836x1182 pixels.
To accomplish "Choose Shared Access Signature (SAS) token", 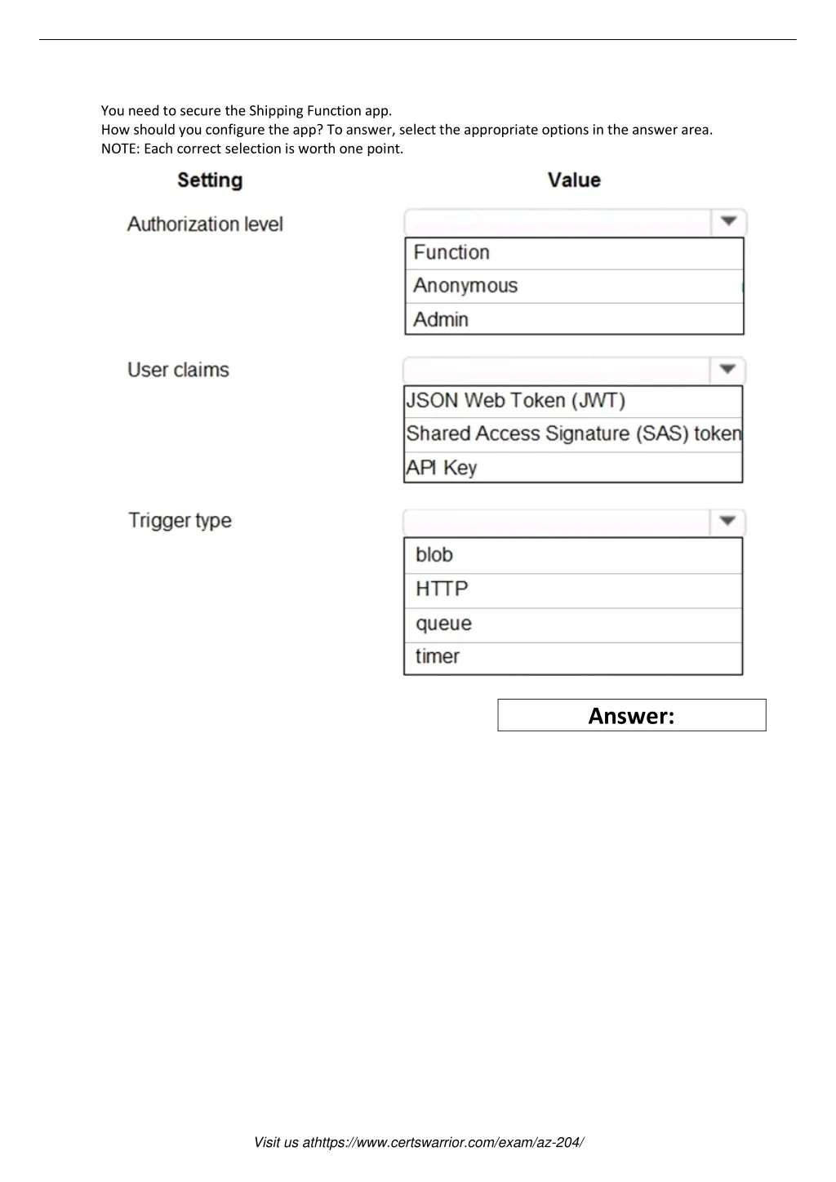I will [x=573, y=433].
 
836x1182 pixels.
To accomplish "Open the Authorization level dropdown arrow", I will [x=728, y=222].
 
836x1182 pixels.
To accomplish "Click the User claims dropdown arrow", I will [x=727, y=370].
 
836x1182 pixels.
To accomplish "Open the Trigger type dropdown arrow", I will [x=727, y=522].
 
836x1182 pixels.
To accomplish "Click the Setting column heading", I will [x=210, y=180].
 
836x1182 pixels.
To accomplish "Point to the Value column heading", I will [x=574, y=180].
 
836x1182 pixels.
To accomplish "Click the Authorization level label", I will [x=205, y=224].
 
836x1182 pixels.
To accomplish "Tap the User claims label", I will [x=178, y=370].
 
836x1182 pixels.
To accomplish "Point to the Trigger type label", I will [x=180, y=521].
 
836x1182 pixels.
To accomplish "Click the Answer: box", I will [x=632, y=715].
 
